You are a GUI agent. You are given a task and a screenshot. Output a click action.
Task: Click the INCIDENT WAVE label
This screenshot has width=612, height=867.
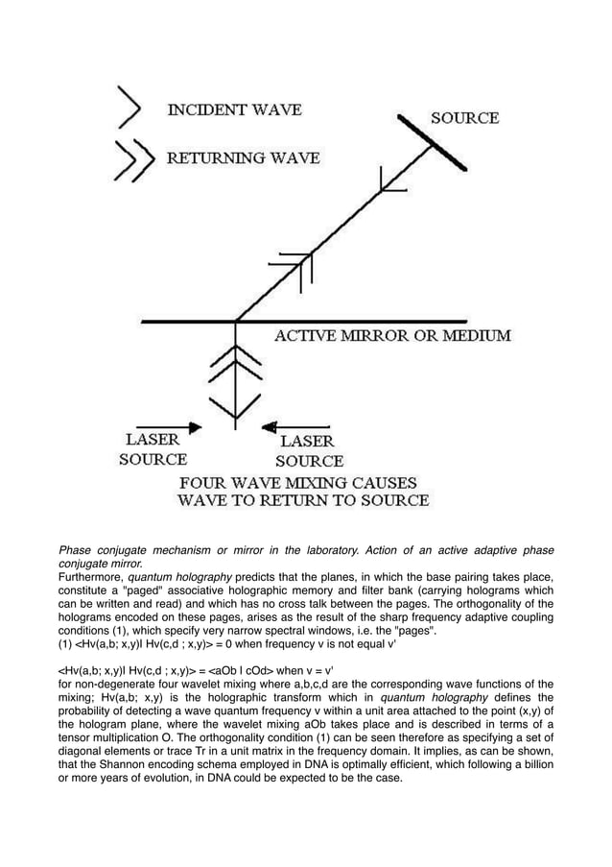[234, 110]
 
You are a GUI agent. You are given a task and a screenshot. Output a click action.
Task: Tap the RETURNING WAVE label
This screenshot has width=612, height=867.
[244, 157]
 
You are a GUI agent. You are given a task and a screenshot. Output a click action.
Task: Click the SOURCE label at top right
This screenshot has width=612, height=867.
[465, 118]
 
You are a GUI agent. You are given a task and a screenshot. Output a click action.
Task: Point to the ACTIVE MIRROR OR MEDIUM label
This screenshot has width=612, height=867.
[393, 336]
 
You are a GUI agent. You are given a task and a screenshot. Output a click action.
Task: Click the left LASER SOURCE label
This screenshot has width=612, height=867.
[153, 448]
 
